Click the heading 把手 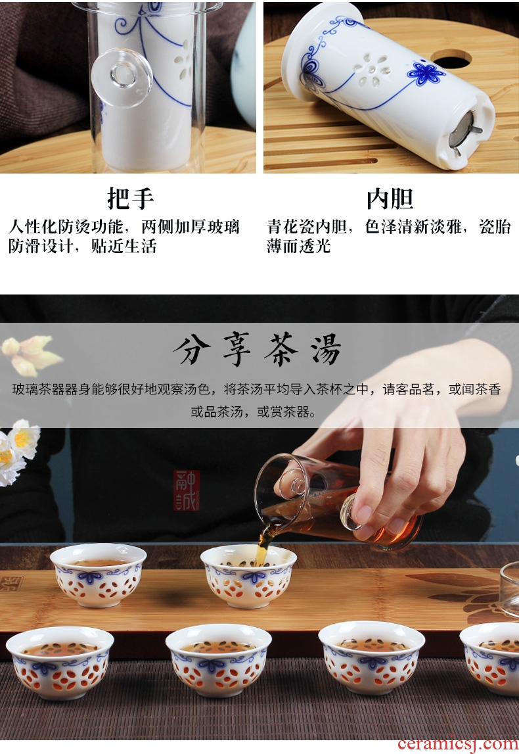point(130,198)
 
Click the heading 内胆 point(390,198)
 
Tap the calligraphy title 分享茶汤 point(258,350)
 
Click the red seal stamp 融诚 point(187,490)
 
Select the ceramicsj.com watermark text point(458,743)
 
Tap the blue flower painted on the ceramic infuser point(426,74)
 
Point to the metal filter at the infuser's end point(464,129)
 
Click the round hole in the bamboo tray point(451,59)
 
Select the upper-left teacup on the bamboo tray point(98,574)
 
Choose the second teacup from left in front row point(219,659)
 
